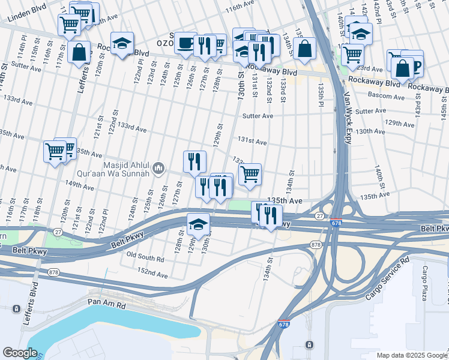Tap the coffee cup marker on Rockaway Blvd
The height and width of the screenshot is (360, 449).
[185, 43]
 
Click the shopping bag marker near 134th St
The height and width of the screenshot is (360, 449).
[305, 50]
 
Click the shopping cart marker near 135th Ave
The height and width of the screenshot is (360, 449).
[250, 175]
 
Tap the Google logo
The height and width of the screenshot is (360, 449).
[19, 353]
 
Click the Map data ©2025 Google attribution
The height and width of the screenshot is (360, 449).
[411, 355]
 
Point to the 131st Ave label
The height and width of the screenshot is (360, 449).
[252, 142]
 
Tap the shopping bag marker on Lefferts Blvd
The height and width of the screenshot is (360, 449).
[79, 52]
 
